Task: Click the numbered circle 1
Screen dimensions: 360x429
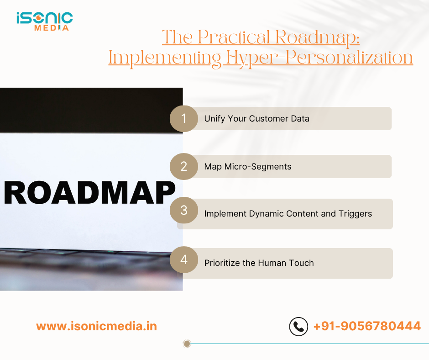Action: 183,119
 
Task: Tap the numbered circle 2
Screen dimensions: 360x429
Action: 183,166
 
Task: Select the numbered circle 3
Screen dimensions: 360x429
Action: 183,210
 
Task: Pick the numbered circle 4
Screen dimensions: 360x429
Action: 183,260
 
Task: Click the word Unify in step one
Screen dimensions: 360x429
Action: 214,119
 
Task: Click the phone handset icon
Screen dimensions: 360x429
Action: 299,327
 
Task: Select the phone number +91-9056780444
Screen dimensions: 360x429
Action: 367,327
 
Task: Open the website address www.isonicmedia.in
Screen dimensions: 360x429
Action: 96,327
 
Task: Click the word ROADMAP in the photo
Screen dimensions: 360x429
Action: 90,193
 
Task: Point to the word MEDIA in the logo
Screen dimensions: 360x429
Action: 52,28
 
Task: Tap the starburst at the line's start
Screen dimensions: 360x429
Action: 186,344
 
